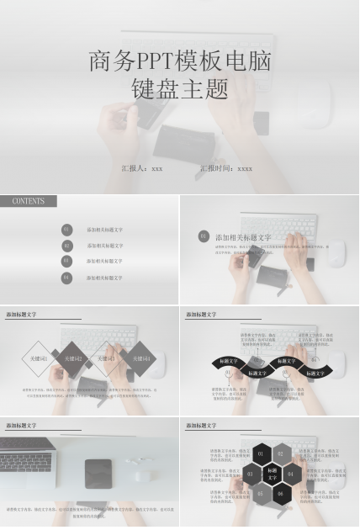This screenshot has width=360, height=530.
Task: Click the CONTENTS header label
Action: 29,202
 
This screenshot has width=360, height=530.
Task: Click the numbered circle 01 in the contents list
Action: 67,229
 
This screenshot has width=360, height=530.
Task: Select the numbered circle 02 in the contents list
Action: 67,246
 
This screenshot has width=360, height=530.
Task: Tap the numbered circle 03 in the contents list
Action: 67,261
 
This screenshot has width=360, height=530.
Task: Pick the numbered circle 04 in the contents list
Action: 67,277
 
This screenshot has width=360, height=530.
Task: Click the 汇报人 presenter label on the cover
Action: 142,168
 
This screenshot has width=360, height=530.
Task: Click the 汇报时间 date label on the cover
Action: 226,168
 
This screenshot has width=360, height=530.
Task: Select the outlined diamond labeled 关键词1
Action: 40,359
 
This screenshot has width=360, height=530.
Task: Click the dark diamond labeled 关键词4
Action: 138,359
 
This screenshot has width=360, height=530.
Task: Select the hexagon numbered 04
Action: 290,474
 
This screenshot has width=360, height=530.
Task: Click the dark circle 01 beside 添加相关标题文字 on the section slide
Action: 204,236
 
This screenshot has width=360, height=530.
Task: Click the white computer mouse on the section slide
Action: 335,252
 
